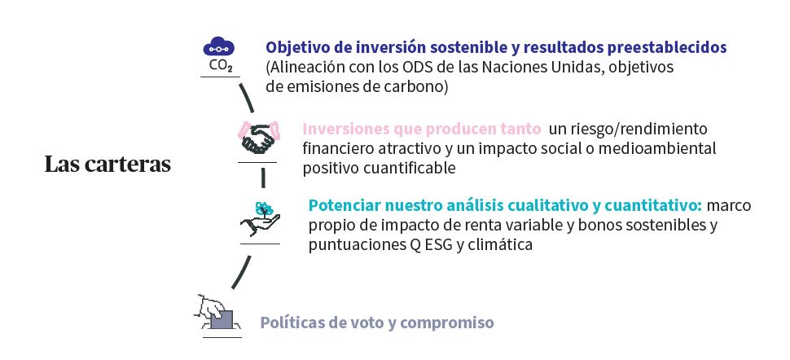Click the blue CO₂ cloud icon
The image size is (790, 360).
click(218, 54)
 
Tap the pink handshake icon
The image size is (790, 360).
click(258, 137)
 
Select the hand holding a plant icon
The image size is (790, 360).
click(260, 219)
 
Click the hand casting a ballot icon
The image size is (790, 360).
click(217, 313)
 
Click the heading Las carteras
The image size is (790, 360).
click(108, 165)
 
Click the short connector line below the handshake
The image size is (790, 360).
click(262, 178)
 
